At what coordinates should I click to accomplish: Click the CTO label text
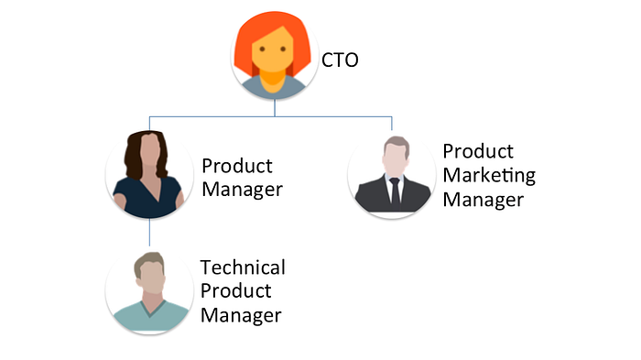tap(340, 60)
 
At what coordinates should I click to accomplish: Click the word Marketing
tap(489, 176)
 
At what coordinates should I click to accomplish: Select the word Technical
tap(243, 267)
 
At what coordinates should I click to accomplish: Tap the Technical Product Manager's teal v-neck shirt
tap(150, 317)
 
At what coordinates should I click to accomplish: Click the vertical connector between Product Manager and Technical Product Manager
tap(149, 232)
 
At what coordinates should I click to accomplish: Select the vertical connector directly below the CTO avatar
tap(275, 108)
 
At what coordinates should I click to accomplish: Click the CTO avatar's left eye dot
tap(262, 49)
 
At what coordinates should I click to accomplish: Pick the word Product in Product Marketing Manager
tap(478, 151)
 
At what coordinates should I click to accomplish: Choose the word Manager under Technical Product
tap(241, 315)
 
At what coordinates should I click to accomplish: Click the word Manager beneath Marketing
tap(483, 200)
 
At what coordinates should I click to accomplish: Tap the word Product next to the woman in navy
tap(237, 166)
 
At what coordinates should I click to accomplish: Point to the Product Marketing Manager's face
tap(396, 158)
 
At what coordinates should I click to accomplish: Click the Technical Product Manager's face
tap(152, 278)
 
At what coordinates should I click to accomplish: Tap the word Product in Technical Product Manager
tap(236, 291)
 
